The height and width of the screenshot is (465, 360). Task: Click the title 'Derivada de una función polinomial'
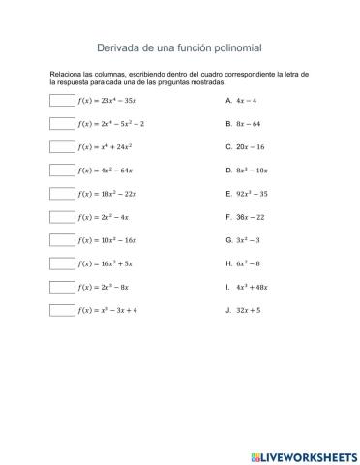(x=180, y=46)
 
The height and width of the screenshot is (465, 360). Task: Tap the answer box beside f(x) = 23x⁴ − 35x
(x=62, y=100)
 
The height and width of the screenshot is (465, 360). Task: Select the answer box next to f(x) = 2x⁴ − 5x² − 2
(x=62, y=123)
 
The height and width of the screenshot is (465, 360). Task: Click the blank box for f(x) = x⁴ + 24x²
(x=62, y=146)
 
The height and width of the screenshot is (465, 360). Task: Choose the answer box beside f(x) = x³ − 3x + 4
(x=62, y=310)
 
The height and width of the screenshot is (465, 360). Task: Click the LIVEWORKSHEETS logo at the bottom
(x=303, y=455)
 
